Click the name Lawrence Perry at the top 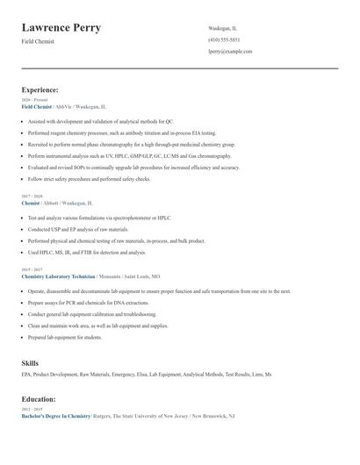[x=61, y=28]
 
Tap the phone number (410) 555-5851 [x=224, y=39]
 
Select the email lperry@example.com [x=230, y=52]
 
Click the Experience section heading [x=40, y=89]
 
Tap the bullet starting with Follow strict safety [x=89, y=178]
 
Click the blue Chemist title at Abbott [x=31, y=202]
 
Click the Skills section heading [x=30, y=361]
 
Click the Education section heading [x=40, y=399]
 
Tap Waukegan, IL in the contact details [x=222, y=28]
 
